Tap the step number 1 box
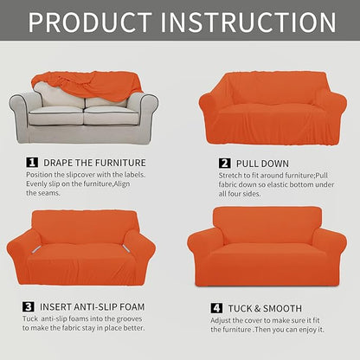tap(32, 162)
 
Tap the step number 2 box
tap(223, 162)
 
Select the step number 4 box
tap(215, 308)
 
